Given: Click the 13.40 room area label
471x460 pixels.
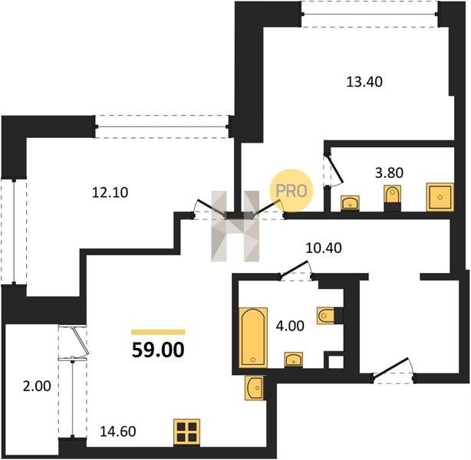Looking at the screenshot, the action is click(x=364, y=82).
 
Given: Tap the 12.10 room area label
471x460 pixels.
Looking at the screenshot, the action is click(x=110, y=192).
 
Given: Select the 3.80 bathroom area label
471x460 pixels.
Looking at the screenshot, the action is click(x=389, y=173).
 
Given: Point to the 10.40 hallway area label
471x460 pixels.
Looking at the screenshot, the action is click(x=324, y=248).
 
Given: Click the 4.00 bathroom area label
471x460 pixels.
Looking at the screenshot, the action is click(x=290, y=326).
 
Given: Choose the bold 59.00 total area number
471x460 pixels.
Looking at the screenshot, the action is click(x=158, y=350).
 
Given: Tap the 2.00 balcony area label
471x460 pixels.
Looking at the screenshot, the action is click(x=37, y=386).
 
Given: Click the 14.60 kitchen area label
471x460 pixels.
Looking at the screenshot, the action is click(x=118, y=432).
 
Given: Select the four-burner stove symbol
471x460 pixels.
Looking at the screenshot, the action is click(x=186, y=432).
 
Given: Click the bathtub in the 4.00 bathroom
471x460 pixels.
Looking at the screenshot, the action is click(x=253, y=337).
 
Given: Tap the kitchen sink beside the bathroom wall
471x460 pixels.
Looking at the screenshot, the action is click(x=255, y=388).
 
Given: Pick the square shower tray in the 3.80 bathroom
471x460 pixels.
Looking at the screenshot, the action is click(x=440, y=197).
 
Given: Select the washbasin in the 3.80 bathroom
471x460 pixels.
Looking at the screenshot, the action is click(x=350, y=203).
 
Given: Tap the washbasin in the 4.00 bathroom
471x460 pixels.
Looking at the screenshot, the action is click(x=294, y=360).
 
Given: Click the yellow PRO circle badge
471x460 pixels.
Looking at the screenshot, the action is click(x=291, y=191).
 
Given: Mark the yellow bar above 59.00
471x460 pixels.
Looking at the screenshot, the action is click(x=158, y=332).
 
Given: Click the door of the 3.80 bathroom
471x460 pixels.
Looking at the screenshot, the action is click(x=334, y=170).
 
